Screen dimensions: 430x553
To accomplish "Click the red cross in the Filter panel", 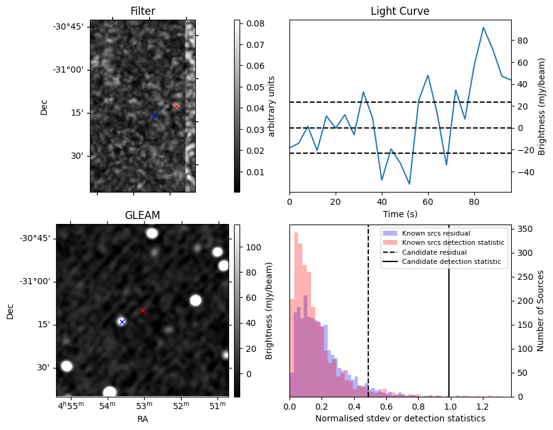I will tap(176, 106).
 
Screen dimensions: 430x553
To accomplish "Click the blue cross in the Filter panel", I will tap(155, 116).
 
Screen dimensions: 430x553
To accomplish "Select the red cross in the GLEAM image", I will tap(142, 310).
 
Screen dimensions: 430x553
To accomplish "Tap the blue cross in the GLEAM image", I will tap(122, 322).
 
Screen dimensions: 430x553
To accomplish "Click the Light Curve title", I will tap(400, 11).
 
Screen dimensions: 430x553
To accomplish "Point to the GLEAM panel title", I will tap(142, 215).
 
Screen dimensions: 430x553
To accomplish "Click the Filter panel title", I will tap(143, 11).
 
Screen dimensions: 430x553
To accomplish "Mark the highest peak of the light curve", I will tap(483, 27).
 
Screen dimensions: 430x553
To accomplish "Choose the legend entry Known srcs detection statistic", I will tap(453, 243).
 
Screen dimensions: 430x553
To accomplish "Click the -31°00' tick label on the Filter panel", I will tap(68, 70).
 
